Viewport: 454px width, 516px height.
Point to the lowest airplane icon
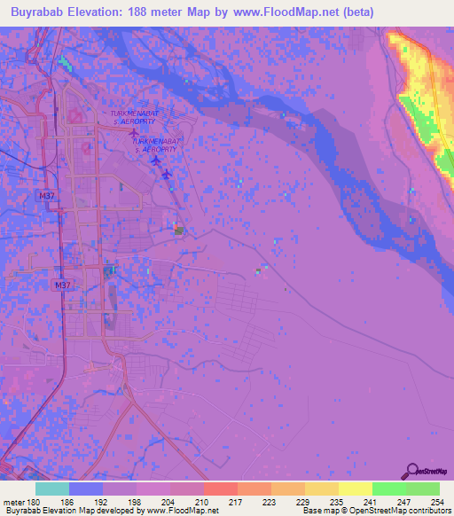166,173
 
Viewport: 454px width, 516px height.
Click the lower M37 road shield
61,285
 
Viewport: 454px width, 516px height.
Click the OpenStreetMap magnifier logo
411,471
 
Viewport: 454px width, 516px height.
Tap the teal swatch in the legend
52,489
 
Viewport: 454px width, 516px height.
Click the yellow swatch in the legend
355,489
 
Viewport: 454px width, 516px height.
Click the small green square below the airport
179,231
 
